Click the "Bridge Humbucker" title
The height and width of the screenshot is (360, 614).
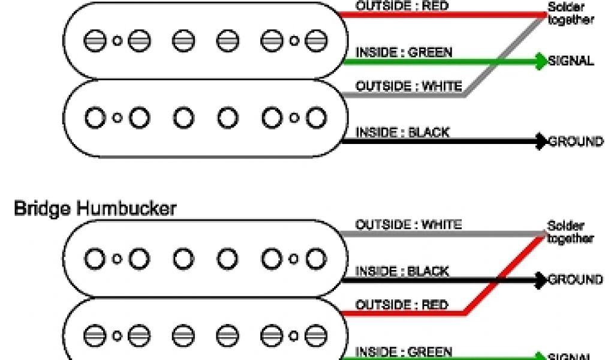[95, 209]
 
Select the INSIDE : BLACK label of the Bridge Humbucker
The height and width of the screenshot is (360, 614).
[402, 271]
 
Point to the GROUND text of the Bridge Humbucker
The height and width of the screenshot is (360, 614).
[576, 280]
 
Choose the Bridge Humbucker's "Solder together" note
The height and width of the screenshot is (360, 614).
[570, 233]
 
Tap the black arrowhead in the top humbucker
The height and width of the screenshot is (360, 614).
[542, 142]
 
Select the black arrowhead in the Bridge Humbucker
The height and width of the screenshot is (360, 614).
[542, 280]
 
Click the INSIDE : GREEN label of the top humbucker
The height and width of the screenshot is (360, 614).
[404, 52]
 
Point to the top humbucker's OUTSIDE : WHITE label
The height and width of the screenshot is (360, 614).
[409, 86]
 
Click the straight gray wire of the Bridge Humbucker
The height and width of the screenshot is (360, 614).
[444, 233]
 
